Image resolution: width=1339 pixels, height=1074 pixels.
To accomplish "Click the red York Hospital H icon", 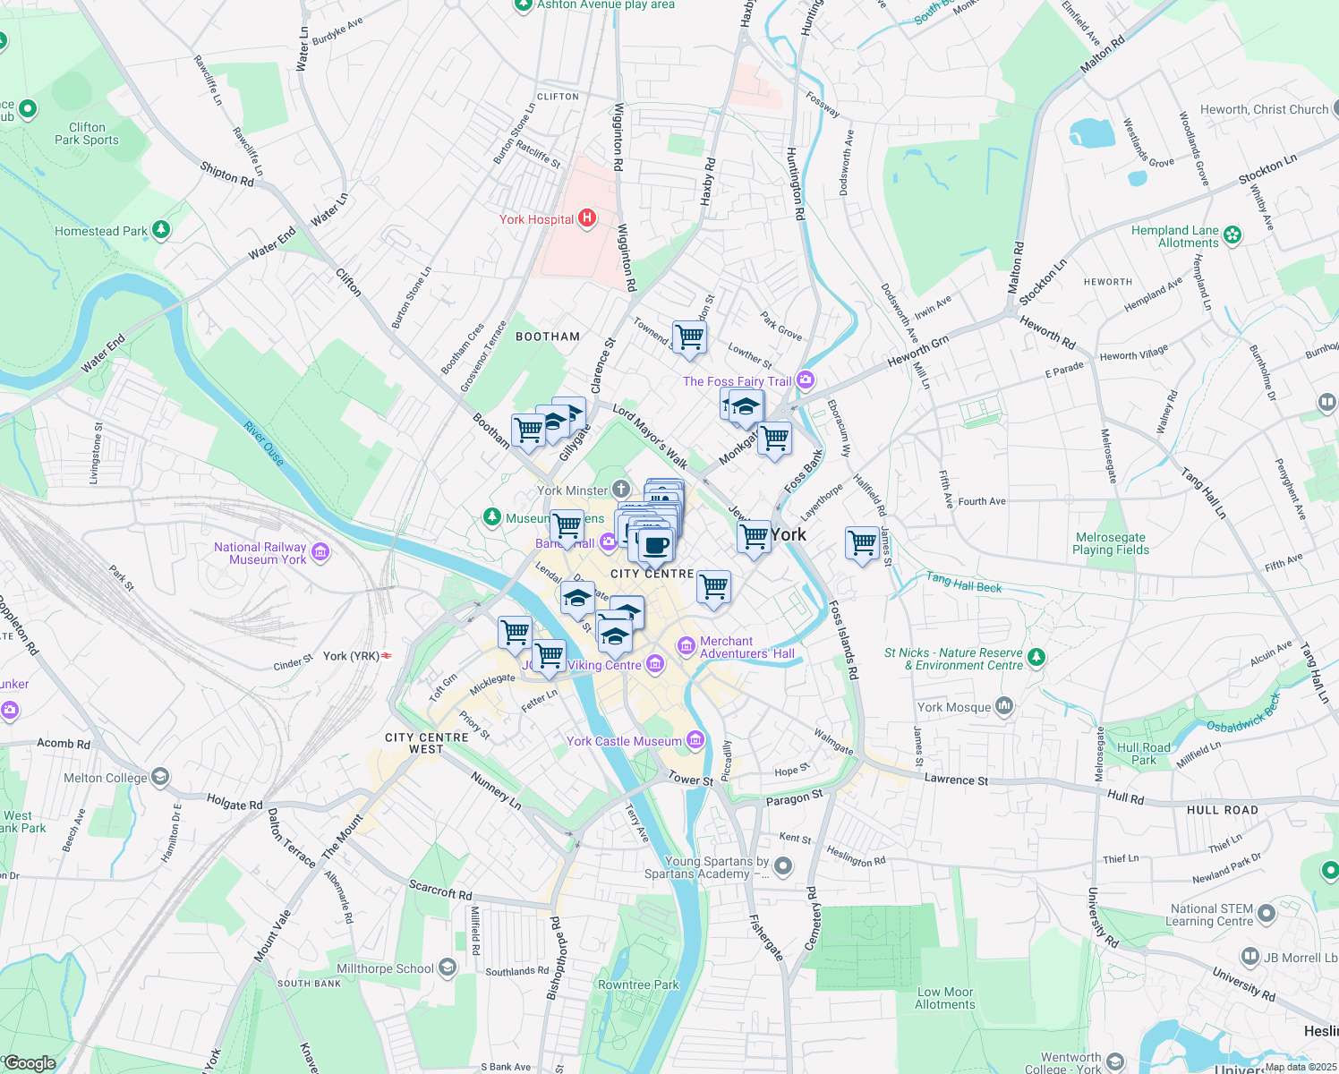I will (x=587, y=218).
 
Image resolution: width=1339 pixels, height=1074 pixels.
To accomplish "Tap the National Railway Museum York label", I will (x=260, y=553).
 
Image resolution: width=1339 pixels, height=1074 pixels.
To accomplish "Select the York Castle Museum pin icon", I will (x=695, y=740).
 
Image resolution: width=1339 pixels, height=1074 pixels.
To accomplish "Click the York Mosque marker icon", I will (x=1004, y=706).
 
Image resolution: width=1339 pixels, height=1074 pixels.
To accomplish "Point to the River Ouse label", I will (x=264, y=443).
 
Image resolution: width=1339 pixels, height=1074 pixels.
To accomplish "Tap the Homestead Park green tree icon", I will (x=161, y=230).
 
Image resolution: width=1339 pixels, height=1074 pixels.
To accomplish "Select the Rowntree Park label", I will (x=638, y=984).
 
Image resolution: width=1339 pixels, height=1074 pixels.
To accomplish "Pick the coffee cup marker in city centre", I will (x=656, y=544).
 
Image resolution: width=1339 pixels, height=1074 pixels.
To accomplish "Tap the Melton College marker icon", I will (x=159, y=777).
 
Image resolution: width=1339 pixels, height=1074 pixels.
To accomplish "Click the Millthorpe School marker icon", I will (x=448, y=967).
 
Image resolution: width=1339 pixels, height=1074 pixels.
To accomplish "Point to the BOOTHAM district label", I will (x=548, y=337).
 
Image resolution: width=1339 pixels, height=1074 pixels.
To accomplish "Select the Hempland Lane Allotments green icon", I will (x=1232, y=235).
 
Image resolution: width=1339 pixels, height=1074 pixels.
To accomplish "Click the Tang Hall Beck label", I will (x=963, y=583).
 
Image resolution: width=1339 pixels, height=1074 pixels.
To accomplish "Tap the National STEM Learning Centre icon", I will (x=1266, y=914).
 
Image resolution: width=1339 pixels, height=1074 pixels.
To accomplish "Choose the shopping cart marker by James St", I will (x=863, y=542).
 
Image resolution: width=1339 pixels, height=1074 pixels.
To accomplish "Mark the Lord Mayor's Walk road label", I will (x=651, y=437).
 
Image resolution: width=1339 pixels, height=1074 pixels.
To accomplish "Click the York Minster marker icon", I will (x=621, y=490).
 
